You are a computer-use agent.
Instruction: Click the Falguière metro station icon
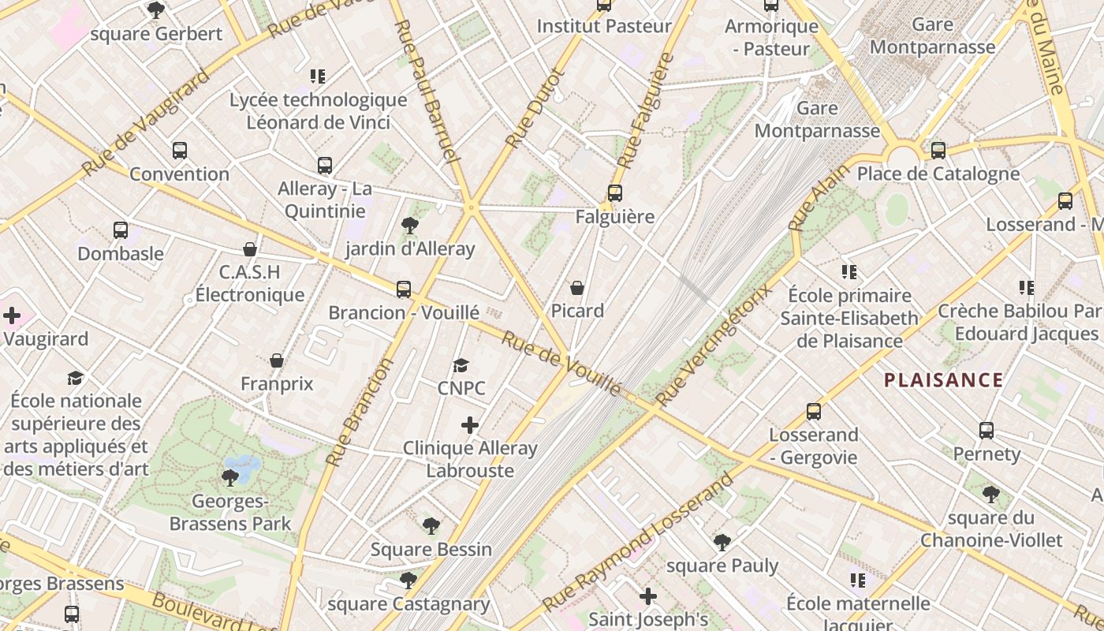pyautogui.click(x=614, y=192)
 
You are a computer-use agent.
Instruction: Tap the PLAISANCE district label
pyautogui.click(x=943, y=380)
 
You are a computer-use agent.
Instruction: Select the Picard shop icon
pyautogui.click(x=577, y=288)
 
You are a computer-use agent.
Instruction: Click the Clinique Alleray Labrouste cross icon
pyautogui.click(x=470, y=426)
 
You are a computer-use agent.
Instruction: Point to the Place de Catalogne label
pyautogui.click(x=938, y=174)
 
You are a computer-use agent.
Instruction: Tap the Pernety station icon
pyautogui.click(x=987, y=431)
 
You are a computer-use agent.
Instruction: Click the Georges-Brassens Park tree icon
pyautogui.click(x=230, y=477)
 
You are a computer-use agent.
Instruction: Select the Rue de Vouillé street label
pyautogui.click(x=561, y=363)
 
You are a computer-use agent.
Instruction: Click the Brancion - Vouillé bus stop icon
pyautogui.click(x=404, y=289)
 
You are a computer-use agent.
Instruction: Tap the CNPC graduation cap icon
pyautogui.click(x=461, y=365)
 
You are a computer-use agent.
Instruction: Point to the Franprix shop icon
pyautogui.click(x=277, y=360)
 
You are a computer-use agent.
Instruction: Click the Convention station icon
pyautogui.click(x=180, y=151)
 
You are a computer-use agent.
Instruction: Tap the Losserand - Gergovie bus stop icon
pyautogui.click(x=814, y=412)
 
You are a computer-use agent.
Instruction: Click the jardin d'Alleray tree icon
pyautogui.click(x=409, y=226)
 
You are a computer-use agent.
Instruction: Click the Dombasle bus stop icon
pyautogui.click(x=121, y=230)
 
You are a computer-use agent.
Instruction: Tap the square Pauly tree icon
pyautogui.click(x=722, y=542)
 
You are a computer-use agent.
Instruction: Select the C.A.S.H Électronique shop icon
pyautogui.click(x=250, y=249)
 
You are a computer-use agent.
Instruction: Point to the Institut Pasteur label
pyautogui.click(x=604, y=26)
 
